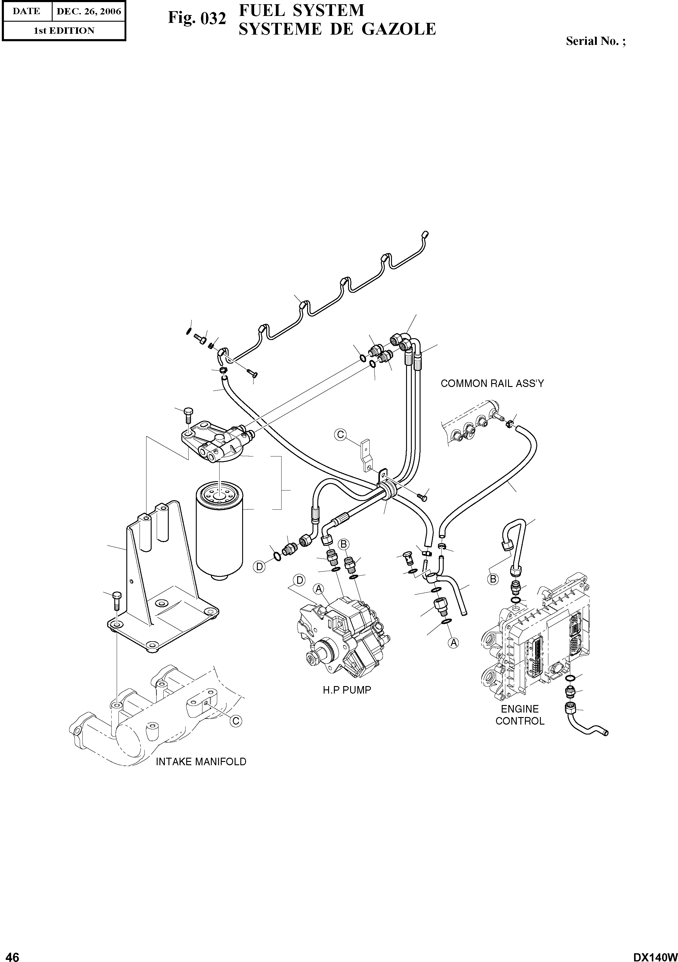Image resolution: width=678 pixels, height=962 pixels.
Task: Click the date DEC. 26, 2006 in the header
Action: tap(88, 11)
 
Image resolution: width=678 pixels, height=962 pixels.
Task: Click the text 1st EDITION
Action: tap(64, 31)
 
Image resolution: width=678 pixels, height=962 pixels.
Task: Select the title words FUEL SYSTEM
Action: tap(301, 10)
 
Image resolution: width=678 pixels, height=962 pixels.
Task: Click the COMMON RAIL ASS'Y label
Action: tap(492, 384)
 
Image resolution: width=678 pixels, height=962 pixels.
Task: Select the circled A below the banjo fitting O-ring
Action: tap(453, 642)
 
